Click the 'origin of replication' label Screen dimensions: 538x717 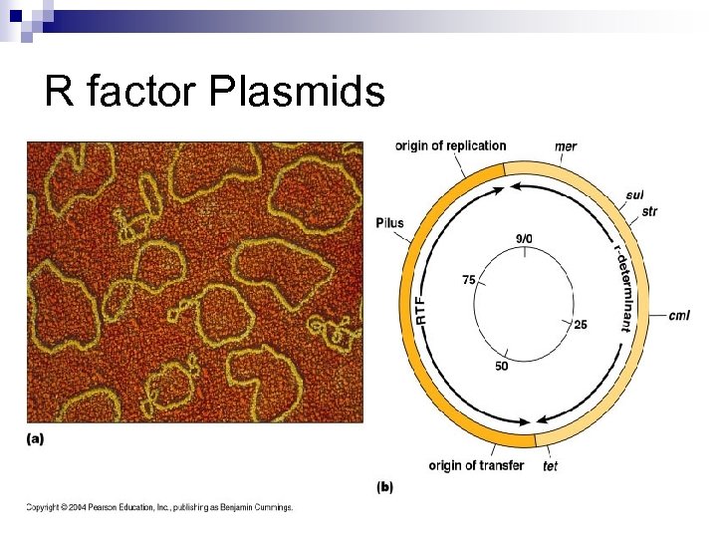point(450,146)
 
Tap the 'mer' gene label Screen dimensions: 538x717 point(566,147)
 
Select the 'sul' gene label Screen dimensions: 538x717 point(635,195)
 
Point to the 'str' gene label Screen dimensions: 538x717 point(649,211)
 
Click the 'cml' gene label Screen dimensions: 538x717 point(679,316)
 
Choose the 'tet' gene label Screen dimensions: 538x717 point(551,466)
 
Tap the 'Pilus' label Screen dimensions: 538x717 point(390,222)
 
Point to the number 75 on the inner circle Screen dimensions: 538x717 point(468,280)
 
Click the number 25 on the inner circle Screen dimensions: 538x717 point(582,325)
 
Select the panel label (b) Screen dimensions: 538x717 point(384,487)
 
